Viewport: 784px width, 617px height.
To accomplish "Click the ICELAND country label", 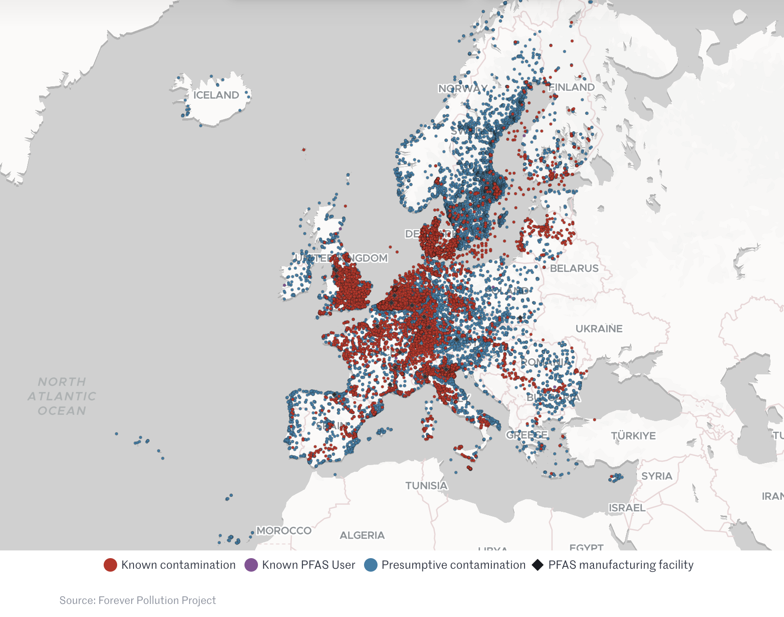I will [x=216, y=95].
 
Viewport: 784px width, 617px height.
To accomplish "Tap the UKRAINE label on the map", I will [x=599, y=329].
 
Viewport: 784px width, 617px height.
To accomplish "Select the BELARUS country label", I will [x=574, y=268].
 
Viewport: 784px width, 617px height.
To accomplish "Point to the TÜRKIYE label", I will [x=633, y=436].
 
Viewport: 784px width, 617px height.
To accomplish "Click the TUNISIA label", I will [x=426, y=485].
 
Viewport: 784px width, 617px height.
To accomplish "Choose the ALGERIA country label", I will [x=362, y=535].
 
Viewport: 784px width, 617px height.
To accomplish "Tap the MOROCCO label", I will [x=284, y=531].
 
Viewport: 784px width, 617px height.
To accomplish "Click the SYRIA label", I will [x=656, y=476].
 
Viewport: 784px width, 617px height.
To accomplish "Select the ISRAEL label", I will [x=627, y=507].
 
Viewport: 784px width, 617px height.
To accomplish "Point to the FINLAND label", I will [x=572, y=87].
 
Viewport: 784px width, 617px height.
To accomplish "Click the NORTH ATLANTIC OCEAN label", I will [x=62, y=396].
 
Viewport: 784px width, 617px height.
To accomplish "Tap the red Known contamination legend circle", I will [x=110, y=565].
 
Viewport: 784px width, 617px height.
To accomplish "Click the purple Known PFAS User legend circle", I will [x=251, y=565].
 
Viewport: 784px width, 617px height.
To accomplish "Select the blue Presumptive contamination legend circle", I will [x=370, y=565].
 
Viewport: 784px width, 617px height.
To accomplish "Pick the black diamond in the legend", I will [x=538, y=565].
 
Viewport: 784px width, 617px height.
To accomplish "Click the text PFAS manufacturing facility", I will [x=621, y=565].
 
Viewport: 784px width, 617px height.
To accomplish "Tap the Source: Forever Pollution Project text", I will [x=137, y=600].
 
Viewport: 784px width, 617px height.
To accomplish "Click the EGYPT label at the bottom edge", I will [x=586, y=547].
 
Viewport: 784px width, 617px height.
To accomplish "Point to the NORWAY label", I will [x=462, y=89].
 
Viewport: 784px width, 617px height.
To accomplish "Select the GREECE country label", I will [x=527, y=435].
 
